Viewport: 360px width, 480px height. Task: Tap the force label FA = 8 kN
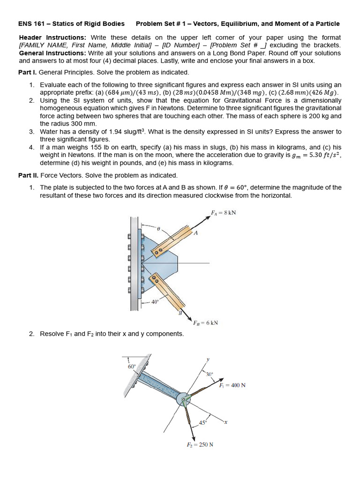coord(223,212)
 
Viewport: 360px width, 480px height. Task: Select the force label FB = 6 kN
coord(205,322)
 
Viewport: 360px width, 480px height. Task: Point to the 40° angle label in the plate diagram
coord(156,302)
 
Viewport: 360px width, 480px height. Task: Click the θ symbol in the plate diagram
coord(158,229)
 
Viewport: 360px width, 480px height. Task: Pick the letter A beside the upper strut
coord(195,233)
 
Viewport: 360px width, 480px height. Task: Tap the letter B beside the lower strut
coord(180,313)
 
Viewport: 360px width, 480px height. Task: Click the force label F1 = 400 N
coord(232,385)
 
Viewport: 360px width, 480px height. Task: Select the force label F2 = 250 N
coord(200,444)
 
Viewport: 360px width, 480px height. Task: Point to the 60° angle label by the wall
coord(132,367)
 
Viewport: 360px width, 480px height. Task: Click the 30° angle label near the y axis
coord(209,374)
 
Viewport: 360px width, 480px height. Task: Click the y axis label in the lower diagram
coord(208,360)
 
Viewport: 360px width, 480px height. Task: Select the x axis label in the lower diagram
coord(225,422)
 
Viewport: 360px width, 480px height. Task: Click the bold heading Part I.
coord(27,72)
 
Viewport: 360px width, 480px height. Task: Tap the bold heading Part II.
coord(28,175)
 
